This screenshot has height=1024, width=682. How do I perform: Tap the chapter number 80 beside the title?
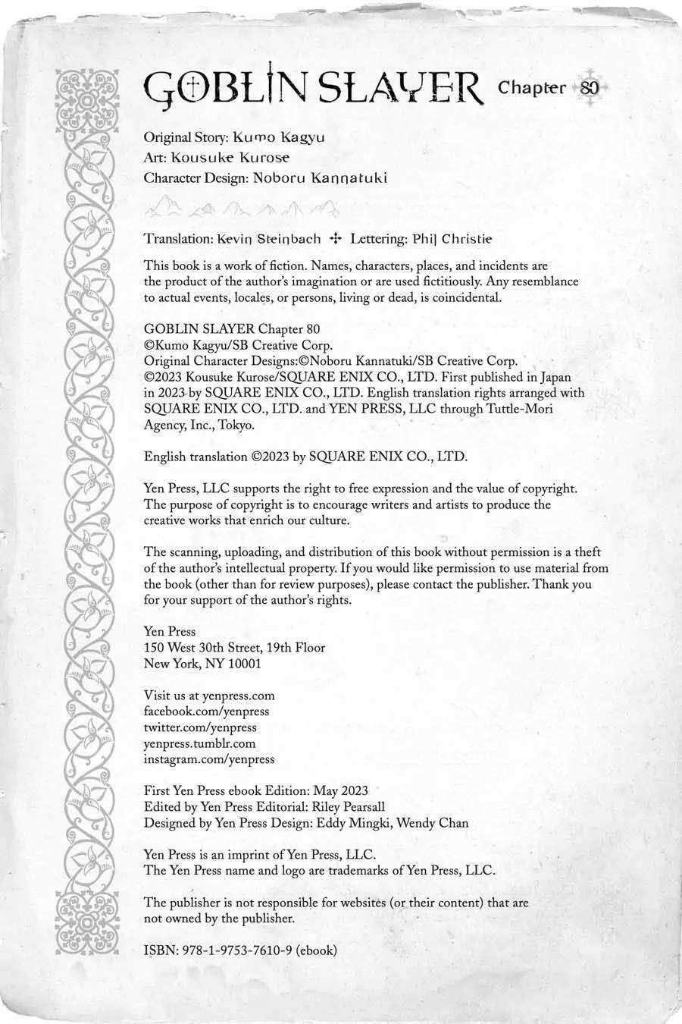tap(590, 88)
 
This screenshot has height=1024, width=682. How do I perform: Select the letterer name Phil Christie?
tap(452, 238)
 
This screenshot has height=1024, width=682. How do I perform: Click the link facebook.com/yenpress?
tap(206, 711)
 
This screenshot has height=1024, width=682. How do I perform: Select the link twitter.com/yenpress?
tap(200, 727)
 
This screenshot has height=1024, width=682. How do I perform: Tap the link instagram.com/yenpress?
tap(209, 759)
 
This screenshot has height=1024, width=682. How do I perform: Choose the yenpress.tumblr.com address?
tap(199, 743)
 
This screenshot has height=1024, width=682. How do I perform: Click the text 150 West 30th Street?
tap(202, 647)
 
